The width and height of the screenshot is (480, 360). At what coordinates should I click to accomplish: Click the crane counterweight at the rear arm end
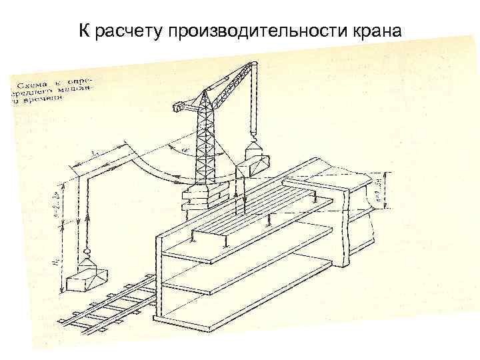coord(181,105)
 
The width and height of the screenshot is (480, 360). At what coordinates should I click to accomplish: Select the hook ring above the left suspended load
coord(85,253)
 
